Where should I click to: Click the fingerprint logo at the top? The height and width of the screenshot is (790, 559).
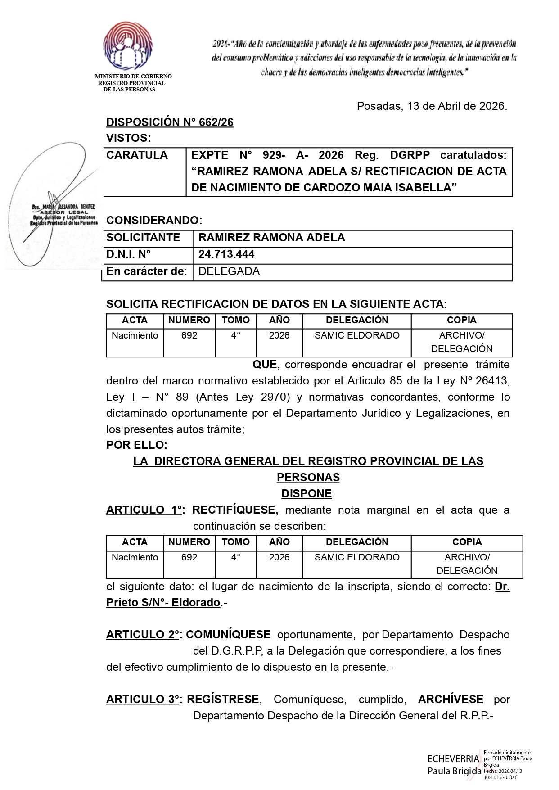[127, 47]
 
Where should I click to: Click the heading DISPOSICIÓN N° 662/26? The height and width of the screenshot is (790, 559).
[170, 122]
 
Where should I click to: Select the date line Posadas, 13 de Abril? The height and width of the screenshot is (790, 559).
[432, 106]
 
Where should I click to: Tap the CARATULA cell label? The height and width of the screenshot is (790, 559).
[137, 155]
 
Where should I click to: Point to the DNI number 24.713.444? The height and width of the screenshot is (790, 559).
[226, 254]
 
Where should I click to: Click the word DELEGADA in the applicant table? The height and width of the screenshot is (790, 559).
[229, 271]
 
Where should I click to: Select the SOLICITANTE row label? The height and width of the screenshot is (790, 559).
[143, 238]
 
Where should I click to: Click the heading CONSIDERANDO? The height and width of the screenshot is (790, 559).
[154, 221]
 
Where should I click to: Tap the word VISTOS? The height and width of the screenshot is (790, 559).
[128, 138]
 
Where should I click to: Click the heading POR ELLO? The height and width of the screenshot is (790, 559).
[136, 445]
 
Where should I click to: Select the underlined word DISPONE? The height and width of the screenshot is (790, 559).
[307, 494]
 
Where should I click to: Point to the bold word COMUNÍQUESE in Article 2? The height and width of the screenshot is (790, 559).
[228, 635]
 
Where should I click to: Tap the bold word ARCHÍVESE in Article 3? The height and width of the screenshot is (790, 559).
[451, 700]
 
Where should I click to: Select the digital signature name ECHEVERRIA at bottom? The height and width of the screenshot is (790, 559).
[453, 759]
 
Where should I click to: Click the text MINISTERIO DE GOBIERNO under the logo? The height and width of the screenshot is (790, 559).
[133, 77]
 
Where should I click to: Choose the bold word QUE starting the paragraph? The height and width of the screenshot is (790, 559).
[266, 365]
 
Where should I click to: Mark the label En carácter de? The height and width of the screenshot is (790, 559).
[146, 271]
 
